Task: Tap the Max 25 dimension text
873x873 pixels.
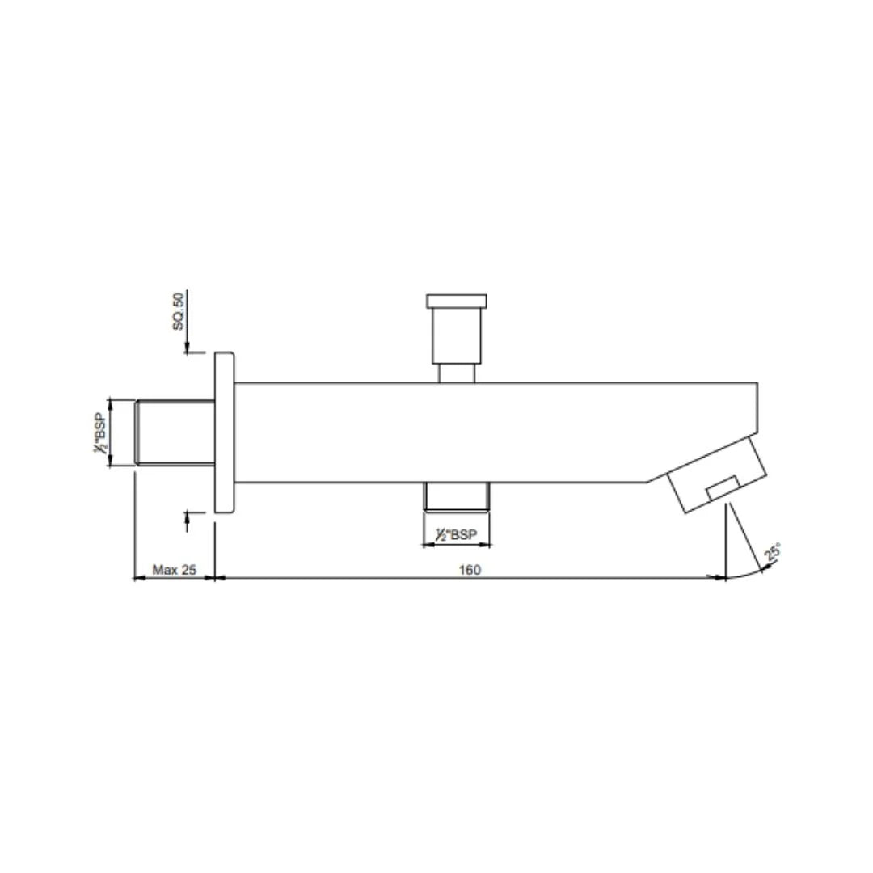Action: click(x=175, y=570)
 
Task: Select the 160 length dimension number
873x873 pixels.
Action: click(x=470, y=570)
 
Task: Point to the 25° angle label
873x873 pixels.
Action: click(x=772, y=553)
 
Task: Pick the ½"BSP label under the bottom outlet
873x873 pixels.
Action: click(x=456, y=535)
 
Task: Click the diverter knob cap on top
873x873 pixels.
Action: click(x=457, y=302)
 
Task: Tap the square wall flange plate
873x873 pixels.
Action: click(x=224, y=432)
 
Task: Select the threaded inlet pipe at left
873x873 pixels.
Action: click(x=174, y=432)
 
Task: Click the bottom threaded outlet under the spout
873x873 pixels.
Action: click(x=458, y=496)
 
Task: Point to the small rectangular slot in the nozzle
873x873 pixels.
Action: click(x=722, y=487)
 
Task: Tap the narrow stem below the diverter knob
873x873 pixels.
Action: click(x=457, y=373)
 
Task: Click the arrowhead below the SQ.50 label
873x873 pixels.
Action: click(x=188, y=348)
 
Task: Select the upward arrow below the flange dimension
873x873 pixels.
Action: click(x=188, y=517)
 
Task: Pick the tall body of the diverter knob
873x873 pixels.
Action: click(x=457, y=336)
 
